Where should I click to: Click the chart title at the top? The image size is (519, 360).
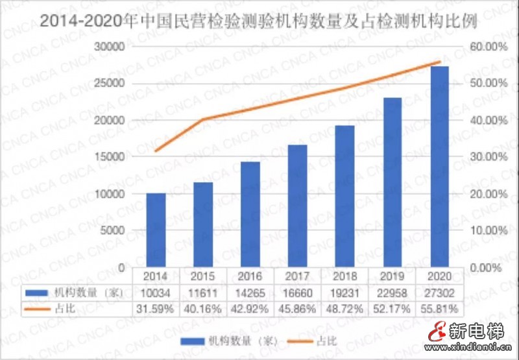(259, 21)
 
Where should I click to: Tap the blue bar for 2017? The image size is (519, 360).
(298, 206)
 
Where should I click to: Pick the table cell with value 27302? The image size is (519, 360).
(440, 293)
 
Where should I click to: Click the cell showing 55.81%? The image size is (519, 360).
(440, 308)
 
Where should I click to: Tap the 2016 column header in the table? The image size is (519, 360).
(250, 275)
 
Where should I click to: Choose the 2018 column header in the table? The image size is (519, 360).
(345, 275)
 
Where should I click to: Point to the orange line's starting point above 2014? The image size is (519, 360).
(155, 151)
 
